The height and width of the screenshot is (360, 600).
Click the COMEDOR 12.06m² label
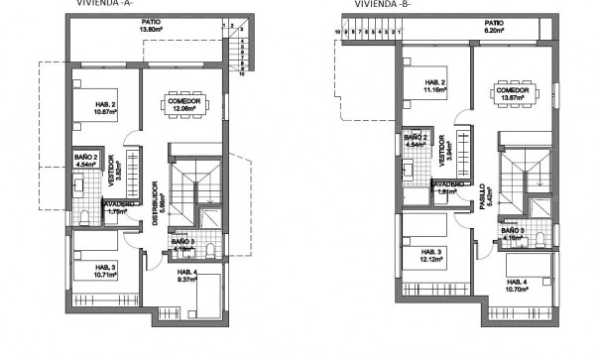(183, 104)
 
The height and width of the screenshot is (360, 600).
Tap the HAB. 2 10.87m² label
(101, 112)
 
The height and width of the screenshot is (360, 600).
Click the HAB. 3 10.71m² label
(101, 271)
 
